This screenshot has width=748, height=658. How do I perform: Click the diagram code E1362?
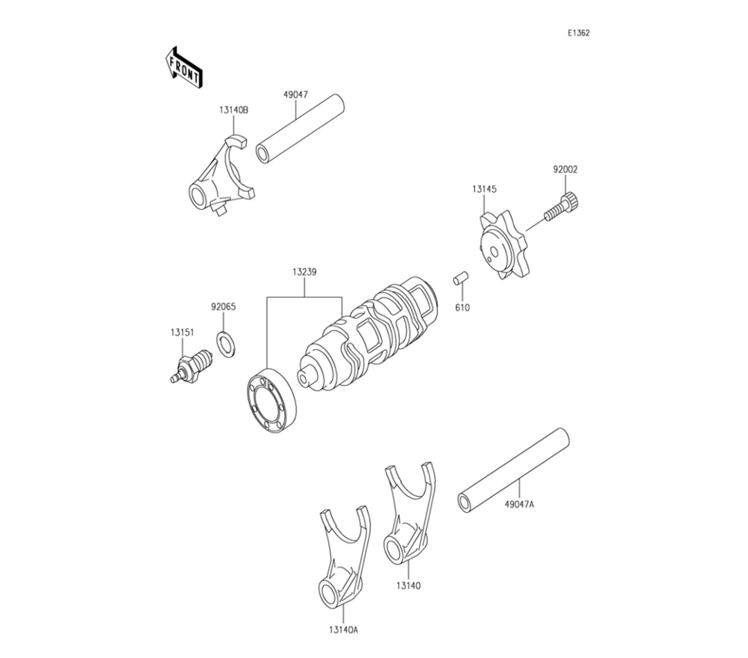tap(578, 33)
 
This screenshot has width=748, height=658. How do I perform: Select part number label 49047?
tap(295, 95)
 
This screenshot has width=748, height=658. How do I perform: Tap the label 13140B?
tap(233, 110)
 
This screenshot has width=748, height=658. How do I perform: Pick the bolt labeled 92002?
tap(563, 205)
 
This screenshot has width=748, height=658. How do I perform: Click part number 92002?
tap(565, 170)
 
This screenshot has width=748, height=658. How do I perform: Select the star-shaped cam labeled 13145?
tap(501, 244)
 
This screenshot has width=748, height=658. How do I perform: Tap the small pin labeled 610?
tap(460, 280)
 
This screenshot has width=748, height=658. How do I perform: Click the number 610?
tap(462, 307)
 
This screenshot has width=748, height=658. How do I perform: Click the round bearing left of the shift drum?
tap(271, 400)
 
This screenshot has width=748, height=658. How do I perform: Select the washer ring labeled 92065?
tap(224, 342)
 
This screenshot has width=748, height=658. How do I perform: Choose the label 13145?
tap(483, 190)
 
